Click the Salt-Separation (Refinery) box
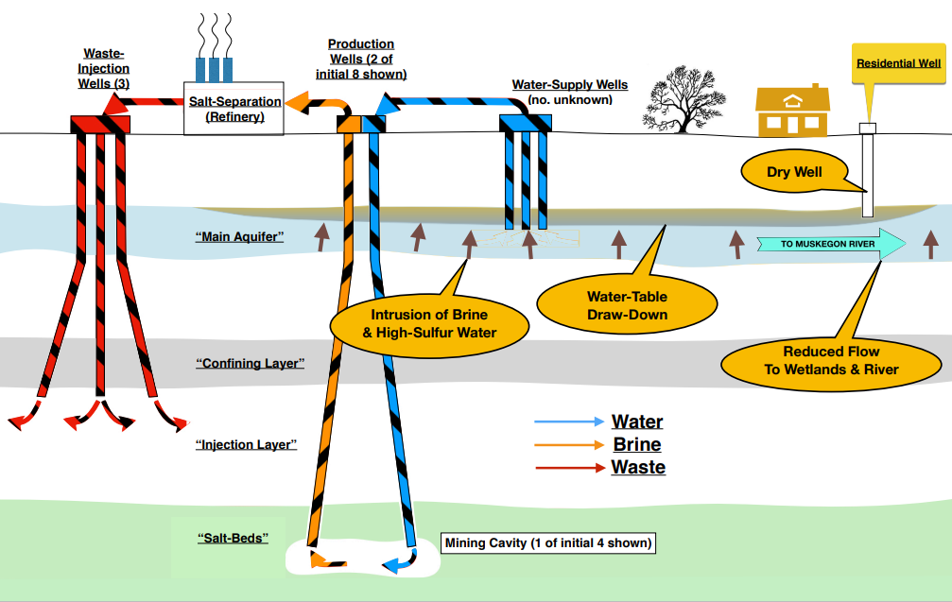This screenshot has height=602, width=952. [x=234, y=108]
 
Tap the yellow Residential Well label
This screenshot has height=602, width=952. [x=898, y=64]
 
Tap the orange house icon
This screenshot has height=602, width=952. [x=792, y=112]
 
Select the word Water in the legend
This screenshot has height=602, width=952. [x=637, y=421]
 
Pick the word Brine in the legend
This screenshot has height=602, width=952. [x=637, y=444]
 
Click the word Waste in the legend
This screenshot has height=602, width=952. [x=638, y=467]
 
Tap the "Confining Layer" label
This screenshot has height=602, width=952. [x=250, y=363]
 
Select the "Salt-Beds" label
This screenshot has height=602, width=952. [x=233, y=538]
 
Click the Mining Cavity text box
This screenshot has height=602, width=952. [x=547, y=542]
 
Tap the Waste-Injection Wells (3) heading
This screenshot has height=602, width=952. [x=103, y=69]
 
